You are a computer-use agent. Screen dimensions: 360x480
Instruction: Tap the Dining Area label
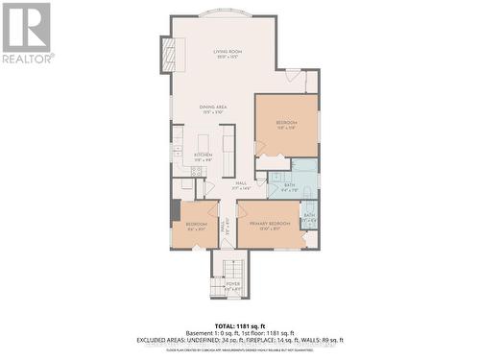[213, 110]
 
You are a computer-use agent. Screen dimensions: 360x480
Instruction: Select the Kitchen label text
[203, 156]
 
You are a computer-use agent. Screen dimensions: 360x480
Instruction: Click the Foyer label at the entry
[232, 285]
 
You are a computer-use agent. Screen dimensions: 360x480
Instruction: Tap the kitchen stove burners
[196, 172]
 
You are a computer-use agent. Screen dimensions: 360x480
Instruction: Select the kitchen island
[228, 149]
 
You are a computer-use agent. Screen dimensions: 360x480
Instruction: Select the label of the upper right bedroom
[287, 125]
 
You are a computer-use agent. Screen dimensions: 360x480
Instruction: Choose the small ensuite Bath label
[309, 218]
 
